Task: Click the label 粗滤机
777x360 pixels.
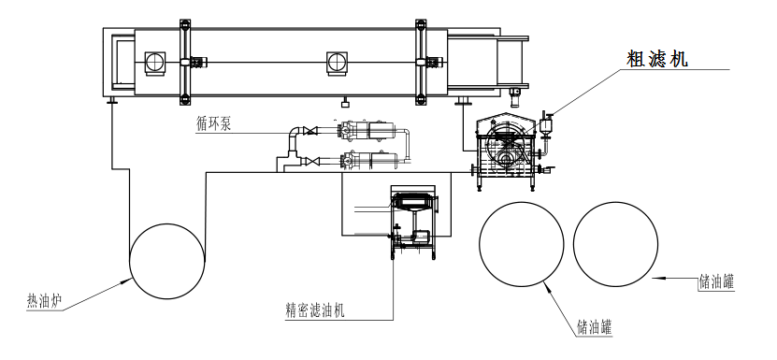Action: tap(657, 60)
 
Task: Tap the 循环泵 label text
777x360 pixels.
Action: tap(213, 124)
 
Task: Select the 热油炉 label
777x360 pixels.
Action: tap(44, 301)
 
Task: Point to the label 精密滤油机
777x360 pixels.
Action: tap(315, 310)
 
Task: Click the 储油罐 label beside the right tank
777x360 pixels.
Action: tap(716, 281)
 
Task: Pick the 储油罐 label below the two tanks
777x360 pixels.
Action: tap(595, 327)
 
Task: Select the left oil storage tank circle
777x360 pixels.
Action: tap(479, 244)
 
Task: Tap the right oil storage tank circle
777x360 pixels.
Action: tap(573, 244)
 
